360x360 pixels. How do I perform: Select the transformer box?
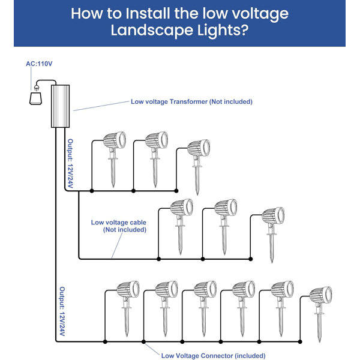(62, 106)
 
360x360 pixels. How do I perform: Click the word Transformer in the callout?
(187, 101)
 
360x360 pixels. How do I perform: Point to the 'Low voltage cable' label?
(119, 222)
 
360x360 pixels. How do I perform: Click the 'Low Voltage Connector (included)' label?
(213, 355)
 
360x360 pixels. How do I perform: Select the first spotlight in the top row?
(114, 142)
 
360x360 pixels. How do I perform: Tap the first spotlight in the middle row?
(181, 209)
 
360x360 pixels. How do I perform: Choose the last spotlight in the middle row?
(273, 217)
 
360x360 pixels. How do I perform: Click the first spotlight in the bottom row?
(127, 292)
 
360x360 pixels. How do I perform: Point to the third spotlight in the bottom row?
(205, 292)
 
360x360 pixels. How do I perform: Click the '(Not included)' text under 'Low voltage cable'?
(124, 230)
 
